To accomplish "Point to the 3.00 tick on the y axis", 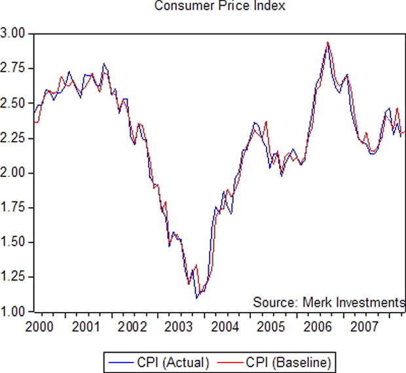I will [14, 33].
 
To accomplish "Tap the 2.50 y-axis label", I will [14, 104].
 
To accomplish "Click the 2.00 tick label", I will [14, 173].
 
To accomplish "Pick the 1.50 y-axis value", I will [14, 243].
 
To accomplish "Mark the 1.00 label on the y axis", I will [14, 311].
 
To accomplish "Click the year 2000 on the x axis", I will [39, 325].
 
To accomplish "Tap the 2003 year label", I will [178, 325].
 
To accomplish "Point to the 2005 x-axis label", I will [270, 325].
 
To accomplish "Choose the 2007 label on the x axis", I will [363, 325].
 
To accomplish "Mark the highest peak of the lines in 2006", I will [327, 43].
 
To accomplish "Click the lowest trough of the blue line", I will [196, 298].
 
